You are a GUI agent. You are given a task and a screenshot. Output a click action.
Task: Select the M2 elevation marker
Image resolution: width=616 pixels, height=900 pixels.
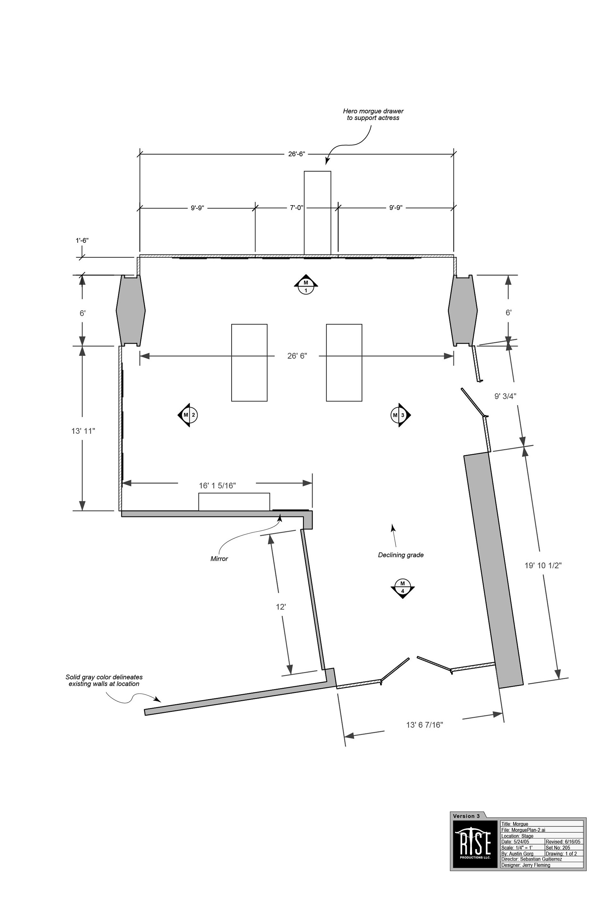pos(188,415)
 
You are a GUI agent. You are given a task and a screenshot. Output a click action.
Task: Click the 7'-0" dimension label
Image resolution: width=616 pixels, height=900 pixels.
pos(296,207)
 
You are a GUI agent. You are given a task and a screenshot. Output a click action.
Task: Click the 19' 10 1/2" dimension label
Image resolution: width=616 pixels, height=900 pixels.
pos(543,565)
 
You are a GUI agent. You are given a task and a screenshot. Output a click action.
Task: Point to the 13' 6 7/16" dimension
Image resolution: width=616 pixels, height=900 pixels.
pos(424,725)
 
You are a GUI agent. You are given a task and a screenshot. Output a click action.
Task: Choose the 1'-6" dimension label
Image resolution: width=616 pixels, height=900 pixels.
pos(82,240)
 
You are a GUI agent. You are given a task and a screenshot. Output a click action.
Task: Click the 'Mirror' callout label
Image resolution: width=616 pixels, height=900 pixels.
pos(219,559)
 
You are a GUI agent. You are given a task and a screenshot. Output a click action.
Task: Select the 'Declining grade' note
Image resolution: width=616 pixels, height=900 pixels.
pos(401,555)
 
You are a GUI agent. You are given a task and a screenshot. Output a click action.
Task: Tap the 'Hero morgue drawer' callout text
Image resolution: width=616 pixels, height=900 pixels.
pos(373,111)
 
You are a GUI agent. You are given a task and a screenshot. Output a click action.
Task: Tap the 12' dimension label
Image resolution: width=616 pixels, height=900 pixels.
pos(280,607)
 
